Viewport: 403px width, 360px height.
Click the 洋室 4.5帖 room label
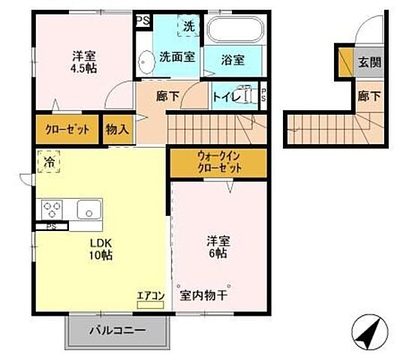(x=83, y=61)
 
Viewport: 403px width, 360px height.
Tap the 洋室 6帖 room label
(x=218, y=248)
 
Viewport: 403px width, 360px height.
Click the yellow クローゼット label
(x=67, y=129)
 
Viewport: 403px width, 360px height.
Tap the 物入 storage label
(x=118, y=129)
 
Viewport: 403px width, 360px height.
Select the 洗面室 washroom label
(x=178, y=57)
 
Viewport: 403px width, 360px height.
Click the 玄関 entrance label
(x=368, y=62)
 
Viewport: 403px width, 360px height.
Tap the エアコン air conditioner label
(x=150, y=295)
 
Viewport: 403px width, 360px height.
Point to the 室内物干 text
(x=203, y=295)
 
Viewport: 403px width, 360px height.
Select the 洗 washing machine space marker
(x=188, y=26)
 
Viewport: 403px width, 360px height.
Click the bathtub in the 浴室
(x=235, y=31)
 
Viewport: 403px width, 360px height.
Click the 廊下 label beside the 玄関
(x=368, y=96)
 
